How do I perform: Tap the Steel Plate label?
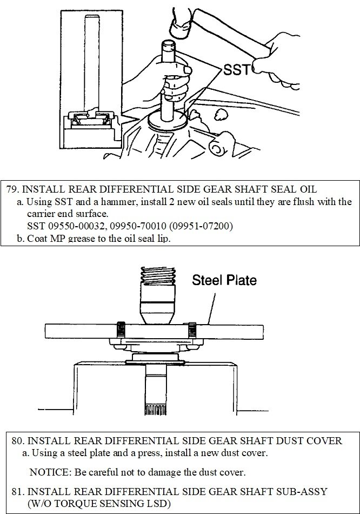[224, 280]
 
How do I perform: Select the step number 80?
[18, 441]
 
